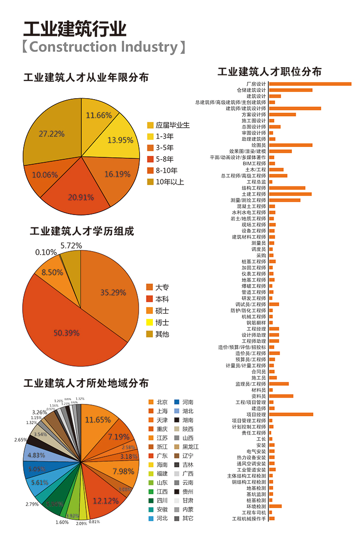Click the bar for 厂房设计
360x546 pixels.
pyautogui.click(x=310, y=84)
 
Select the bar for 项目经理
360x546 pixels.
pyautogui.click(x=291, y=414)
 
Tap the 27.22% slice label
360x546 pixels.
pyautogui.click(x=52, y=134)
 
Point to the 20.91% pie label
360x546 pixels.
pyautogui.click(x=81, y=197)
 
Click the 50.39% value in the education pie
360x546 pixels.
pyautogui.click(x=67, y=333)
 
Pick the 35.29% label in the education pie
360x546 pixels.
pyautogui.click(x=113, y=292)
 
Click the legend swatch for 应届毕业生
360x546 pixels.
pyautogui.click(x=150, y=125)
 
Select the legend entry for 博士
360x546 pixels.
pyautogui.click(x=162, y=323)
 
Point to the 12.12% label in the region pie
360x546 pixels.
pyautogui.click(x=105, y=501)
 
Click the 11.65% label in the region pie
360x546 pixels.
pyautogui.click(x=98, y=420)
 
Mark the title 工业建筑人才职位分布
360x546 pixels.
pyautogui.click(x=269, y=72)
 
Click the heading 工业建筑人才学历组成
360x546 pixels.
pyautogui.click(x=82, y=231)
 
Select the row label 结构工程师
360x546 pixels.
pyautogui.click(x=253, y=188)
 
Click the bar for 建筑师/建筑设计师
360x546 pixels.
pyautogui.click(x=295, y=109)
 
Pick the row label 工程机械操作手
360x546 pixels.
pyautogui.click(x=249, y=518)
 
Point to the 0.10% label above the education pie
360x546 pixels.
pyautogui.click(x=46, y=252)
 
